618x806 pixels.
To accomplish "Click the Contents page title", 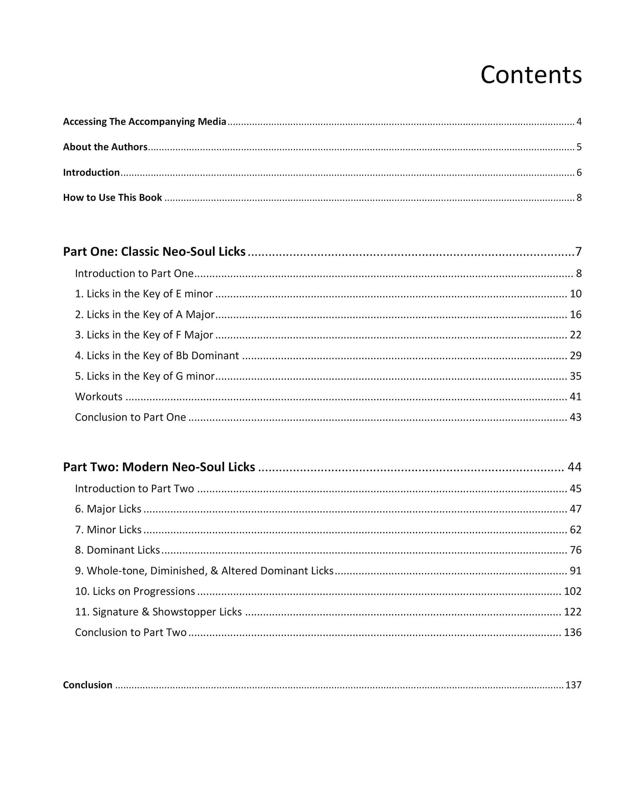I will coord(531,75).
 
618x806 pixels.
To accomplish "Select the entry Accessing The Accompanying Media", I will coord(144,122).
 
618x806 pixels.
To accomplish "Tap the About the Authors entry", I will coord(105,147).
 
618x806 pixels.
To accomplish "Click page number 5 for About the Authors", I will coord(579,147).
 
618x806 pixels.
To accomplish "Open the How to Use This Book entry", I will coord(113,198).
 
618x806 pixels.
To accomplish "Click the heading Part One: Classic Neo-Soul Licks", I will coord(154,251).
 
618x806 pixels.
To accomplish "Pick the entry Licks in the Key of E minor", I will coord(144,294).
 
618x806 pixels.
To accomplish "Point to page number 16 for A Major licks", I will coord(575,314).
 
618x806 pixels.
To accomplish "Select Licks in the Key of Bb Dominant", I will coord(157,356).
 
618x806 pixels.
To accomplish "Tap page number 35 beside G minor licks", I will coord(575,376).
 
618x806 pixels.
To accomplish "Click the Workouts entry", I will coord(99,397).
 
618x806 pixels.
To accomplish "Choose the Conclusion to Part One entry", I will coord(130,417).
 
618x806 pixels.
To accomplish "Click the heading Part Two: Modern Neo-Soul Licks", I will coord(159,467).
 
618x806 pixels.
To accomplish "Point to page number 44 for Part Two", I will coord(574,467).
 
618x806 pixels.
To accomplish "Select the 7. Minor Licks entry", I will coord(108,530).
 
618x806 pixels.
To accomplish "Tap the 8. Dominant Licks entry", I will coord(117,550).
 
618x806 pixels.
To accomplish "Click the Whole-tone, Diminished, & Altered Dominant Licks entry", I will coord(204,571).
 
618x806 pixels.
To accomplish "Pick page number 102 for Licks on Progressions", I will coord(572,591).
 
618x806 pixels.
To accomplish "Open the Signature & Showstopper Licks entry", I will coord(158,612).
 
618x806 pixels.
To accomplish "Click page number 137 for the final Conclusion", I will coord(573,685).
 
